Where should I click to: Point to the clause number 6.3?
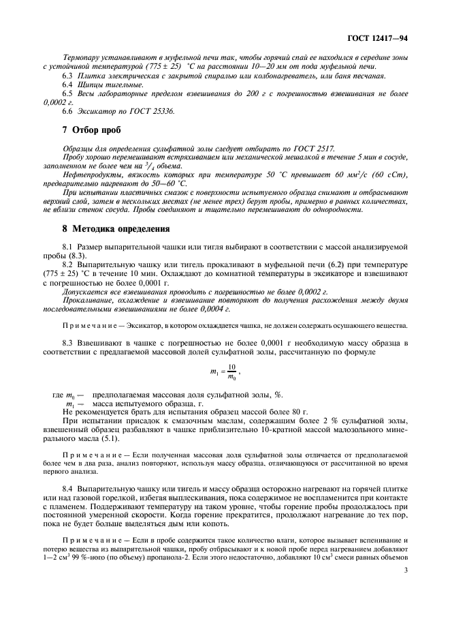(x=68, y=76)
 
